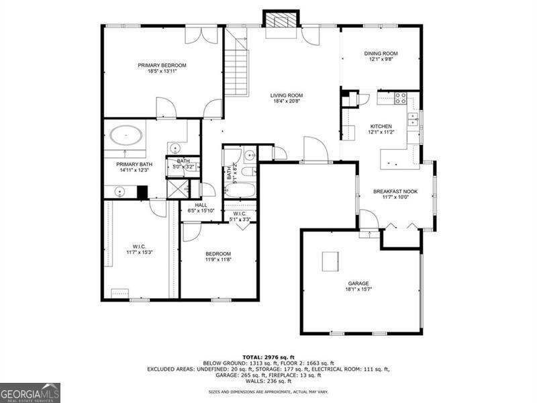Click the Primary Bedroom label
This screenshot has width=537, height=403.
click(x=162, y=65)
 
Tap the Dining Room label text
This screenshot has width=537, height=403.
click(x=381, y=54)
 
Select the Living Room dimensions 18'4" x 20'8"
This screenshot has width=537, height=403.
click(x=287, y=102)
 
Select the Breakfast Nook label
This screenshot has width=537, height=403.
click(x=395, y=191)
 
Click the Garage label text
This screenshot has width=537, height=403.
click(x=358, y=283)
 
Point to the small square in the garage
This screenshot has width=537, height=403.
click(x=330, y=261)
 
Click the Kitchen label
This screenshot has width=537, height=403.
click(x=381, y=126)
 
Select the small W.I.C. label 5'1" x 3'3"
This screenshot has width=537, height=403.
click(x=239, y=216)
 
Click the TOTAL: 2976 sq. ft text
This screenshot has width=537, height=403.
click(x=268, y=357)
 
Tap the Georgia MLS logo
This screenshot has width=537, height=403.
click(x=30, y=392)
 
